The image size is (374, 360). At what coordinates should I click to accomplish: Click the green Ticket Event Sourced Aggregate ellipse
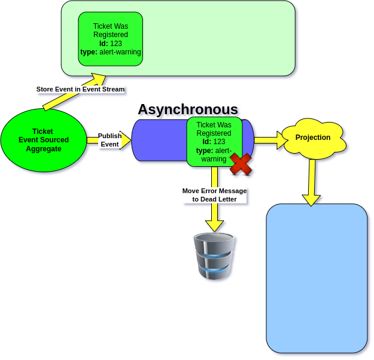pyautogui.click(x=43, y=140)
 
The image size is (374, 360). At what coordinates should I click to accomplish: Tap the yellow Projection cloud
pyautogui.click(x=313, y=138)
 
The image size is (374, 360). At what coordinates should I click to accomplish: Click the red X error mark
pyautogui.click(x=241, y=163)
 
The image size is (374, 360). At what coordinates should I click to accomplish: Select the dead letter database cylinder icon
pyautogui.click(x=214, y=257)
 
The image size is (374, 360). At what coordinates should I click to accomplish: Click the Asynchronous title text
pyautogui.click(x=188, y=110)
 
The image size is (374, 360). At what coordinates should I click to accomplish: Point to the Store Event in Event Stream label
pyautogui.click(x=80, y=89)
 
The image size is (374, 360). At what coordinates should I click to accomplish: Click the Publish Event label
pyautogui.click(x=110, y=140)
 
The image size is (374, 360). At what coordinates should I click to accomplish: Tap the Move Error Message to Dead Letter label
pyautogui.click(x=214, y=195)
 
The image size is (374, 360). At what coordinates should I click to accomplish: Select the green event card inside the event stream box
pyautogui.click(x=111, y=39)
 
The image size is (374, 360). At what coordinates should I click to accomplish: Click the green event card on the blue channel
pyautogui.click(x=214, y=141)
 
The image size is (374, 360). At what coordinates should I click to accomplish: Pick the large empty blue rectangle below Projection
pyautogui.click(x=317, y=278)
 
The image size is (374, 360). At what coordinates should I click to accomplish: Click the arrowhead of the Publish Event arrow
pyautogui.click(x=126, y=140)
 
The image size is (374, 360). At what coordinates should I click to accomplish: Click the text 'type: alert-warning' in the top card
pyautogui.click(x=111, y=52)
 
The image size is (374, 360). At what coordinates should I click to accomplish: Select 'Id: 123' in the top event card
pyautogui.click(x=111, y=44)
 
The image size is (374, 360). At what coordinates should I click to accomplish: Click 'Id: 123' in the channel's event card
pyautogui.click(x=214, y=142)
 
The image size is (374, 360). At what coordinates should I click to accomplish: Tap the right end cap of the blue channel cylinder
pyautogui.click(x=250, y=140)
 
